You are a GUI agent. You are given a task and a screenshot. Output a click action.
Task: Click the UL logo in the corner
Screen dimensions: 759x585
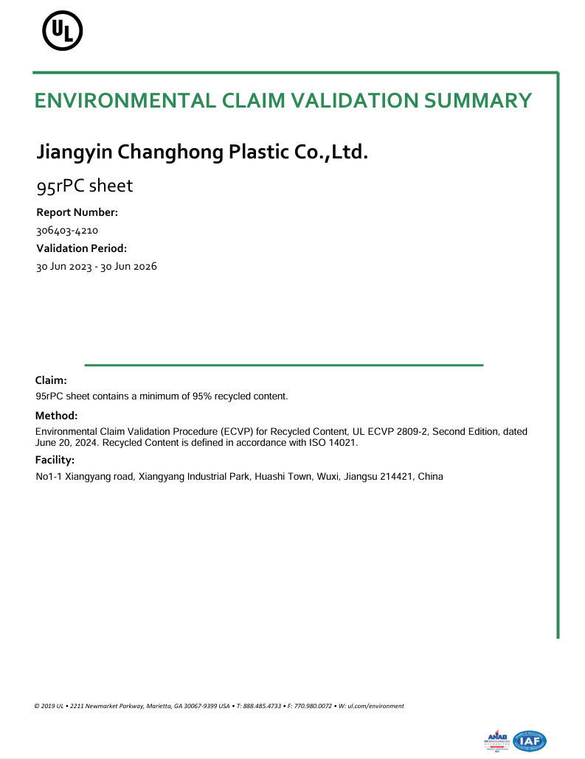point(62,32)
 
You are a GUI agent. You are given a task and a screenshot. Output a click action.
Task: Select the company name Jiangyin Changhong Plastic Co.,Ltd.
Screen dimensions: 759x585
point(201,153)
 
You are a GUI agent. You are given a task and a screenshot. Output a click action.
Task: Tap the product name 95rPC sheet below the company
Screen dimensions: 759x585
point(85,186)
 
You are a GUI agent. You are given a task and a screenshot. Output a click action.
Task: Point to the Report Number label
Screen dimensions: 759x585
point(77,212)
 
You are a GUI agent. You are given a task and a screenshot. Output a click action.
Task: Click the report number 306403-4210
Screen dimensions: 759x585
point(67,231)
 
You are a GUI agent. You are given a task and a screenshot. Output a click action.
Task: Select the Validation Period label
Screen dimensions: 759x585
point(82,248)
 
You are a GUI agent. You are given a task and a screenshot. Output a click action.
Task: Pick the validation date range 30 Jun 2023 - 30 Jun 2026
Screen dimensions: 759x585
point(97,267)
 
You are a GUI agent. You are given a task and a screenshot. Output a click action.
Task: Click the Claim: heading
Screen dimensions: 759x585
point(51,380)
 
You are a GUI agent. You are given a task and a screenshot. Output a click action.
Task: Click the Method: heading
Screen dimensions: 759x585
point(56,416)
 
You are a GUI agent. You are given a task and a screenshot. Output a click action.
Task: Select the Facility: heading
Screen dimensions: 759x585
point(55,461)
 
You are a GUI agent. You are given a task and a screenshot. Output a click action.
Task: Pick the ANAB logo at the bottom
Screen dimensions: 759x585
point(498,740)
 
